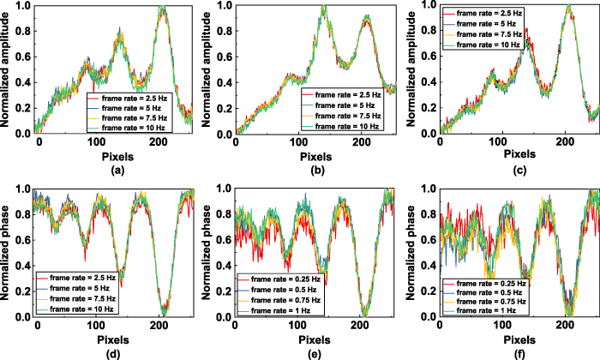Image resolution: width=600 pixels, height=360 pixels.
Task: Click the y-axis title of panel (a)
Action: coord(8,69)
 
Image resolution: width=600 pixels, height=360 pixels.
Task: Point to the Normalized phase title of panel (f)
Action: coord(413,250)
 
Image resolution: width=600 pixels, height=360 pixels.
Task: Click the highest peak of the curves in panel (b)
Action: coord(324,9)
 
